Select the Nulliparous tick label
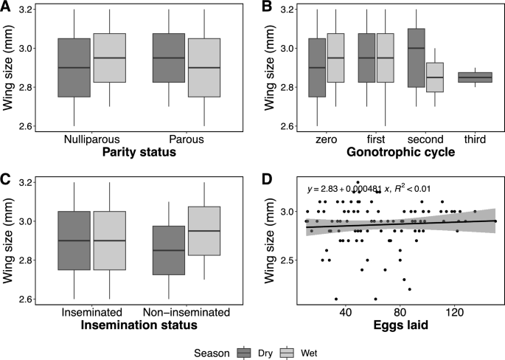point(92,138)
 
